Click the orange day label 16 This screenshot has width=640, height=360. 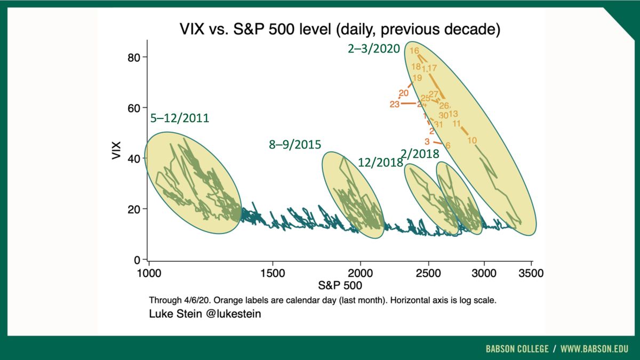[x=414, y=51]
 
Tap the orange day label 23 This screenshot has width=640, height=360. [x=395, y=104]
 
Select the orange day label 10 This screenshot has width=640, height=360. [x=472, y=140]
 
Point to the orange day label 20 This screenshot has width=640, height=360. [x=404, y=93]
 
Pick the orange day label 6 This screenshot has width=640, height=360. [x=448, y=145]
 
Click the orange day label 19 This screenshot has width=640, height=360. [x=418, y=77]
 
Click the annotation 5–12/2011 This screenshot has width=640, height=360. [x=180, y=118]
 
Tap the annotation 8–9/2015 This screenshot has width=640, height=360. [x=294, y=145]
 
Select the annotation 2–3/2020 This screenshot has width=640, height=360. [x=374, y=49]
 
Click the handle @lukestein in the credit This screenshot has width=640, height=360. [x=234, y=314]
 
